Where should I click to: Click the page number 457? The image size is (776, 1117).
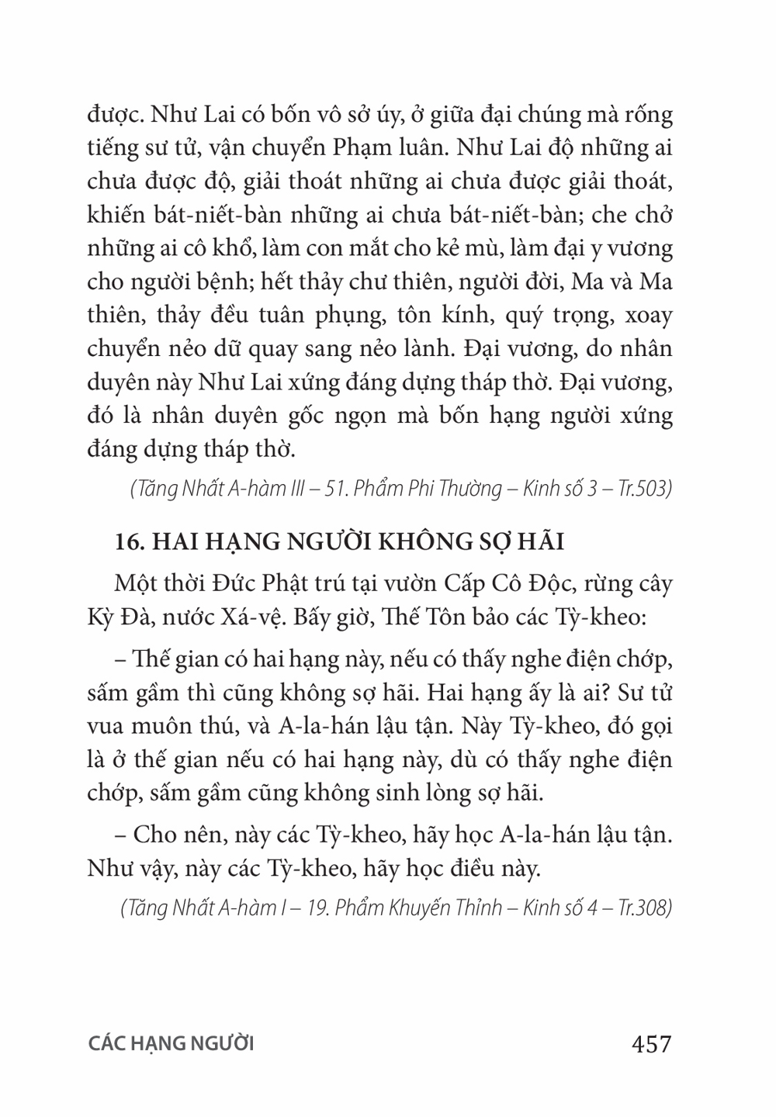pyautogui.click(x=651, y=1044)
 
